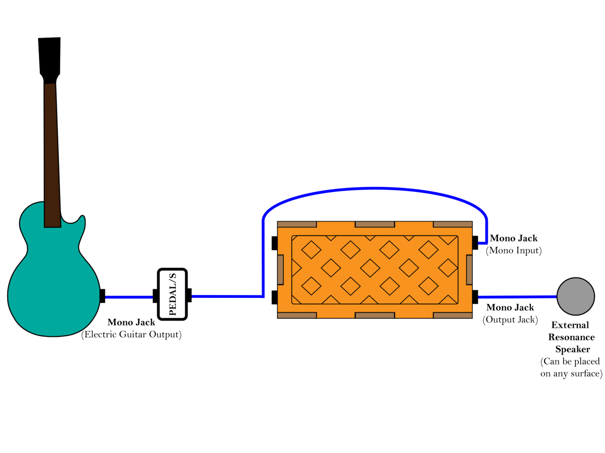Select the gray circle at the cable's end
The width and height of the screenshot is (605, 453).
[x=575, y=296]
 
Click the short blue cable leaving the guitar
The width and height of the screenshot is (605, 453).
[x=129, y=297]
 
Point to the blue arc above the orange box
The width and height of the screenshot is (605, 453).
[x=374, y=189]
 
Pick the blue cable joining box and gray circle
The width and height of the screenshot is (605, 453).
[x=517, y=297]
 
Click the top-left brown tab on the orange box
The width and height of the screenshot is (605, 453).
[x=297, y=225]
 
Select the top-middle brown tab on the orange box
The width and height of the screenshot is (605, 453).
[x=375, y=225]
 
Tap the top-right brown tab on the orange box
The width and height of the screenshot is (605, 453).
[x=453, y=225]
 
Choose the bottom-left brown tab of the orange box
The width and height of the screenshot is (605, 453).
[x=297, y=315]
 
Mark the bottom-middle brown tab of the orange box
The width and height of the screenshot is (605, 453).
[x=375, y=315]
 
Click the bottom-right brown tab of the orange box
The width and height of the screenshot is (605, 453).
[x=453, y=315]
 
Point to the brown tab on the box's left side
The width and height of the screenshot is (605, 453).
[x=280, y=270]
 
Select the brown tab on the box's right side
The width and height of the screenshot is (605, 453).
[x=469, y=270]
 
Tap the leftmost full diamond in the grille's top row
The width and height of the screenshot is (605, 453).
[x=311, y=250]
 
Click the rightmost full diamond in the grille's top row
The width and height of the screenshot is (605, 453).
[x=429, y=250]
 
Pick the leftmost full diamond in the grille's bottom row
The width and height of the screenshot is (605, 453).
[x=311, y=286]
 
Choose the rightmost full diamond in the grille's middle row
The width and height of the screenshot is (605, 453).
[x=448, y=268]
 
